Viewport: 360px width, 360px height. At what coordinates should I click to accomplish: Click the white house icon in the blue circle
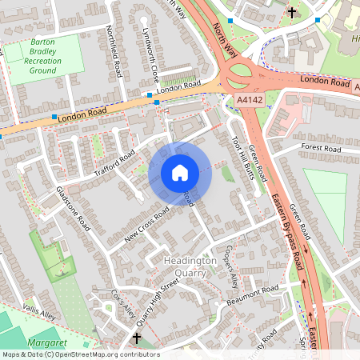(x=179, y=172)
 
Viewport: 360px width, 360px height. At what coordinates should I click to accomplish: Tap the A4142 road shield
(x=250, y=99)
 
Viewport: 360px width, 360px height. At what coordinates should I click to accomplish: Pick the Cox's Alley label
(x=122, y=304)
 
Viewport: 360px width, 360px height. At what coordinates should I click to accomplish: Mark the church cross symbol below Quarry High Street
(x=136, y=338)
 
